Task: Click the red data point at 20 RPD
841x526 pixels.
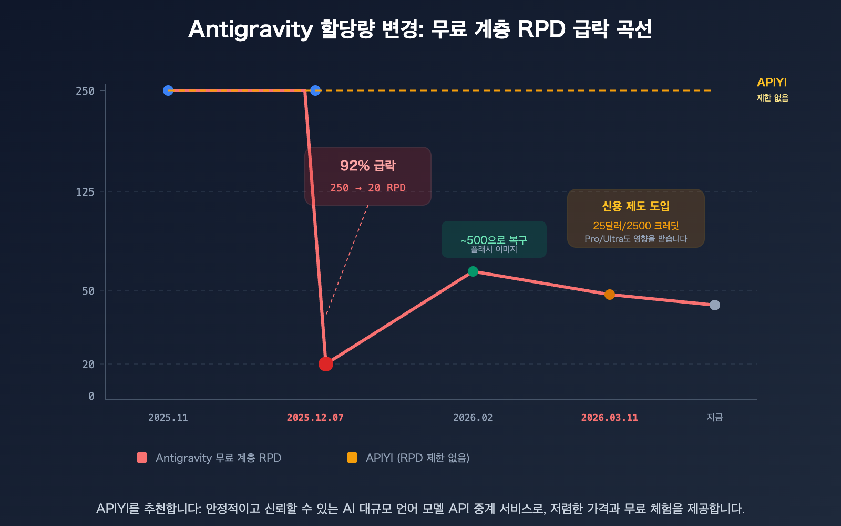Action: pos(326,364)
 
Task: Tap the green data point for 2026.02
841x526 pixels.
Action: pos(473,271)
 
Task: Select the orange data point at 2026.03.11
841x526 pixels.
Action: pos(610,295)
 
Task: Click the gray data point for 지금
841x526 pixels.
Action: pos(715,305)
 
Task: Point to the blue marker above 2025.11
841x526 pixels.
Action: pos(168,90)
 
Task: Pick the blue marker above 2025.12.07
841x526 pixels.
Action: pos(315,90)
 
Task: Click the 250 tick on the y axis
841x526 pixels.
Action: pos(85,91)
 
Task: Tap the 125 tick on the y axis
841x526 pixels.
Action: pos(85,192)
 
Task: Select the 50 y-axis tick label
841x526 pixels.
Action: pos(88,291)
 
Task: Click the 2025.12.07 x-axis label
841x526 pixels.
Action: pos(315,418)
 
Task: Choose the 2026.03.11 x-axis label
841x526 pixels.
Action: pos(610,418)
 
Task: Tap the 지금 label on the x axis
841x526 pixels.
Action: pos(715,417)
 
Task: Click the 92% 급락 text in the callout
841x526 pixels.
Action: pos(368,166)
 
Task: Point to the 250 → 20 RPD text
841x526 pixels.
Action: pos(368,188)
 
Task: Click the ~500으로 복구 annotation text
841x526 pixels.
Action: pos(494,240)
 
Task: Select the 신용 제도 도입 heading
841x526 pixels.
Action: pos(636,206)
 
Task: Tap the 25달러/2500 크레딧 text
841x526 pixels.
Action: pos(636,226)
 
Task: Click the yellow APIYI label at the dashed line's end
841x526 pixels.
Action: pos(772,83)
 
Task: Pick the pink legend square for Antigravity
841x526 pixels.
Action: pos(142,458)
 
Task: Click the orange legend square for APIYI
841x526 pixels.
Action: pos(352,458)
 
